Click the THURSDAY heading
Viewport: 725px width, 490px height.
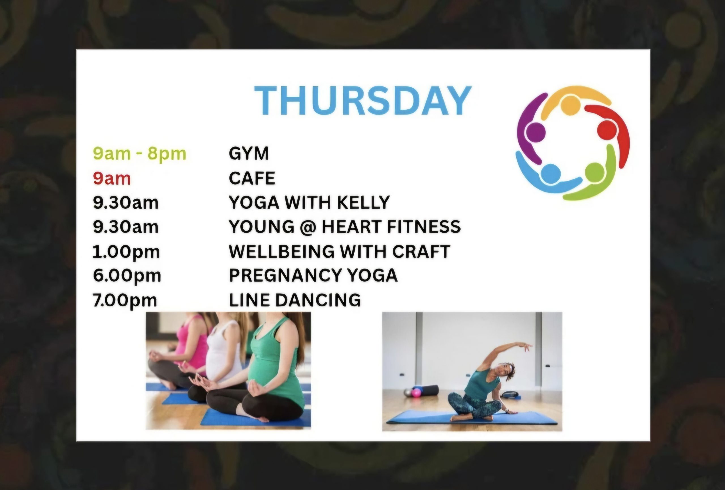363,101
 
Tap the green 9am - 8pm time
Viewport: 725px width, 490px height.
139,154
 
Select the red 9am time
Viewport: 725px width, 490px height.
112,178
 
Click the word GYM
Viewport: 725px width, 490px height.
249,153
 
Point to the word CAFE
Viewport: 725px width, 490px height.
252,178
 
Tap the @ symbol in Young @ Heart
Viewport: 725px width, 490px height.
308,227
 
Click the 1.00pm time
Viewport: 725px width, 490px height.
126,252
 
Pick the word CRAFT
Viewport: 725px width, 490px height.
421,251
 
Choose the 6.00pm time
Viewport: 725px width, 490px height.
127,276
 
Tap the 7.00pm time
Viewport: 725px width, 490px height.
125,301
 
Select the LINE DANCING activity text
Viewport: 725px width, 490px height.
295,300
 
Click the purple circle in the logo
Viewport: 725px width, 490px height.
536,132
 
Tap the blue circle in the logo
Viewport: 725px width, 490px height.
551,174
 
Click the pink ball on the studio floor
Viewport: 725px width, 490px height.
417,392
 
